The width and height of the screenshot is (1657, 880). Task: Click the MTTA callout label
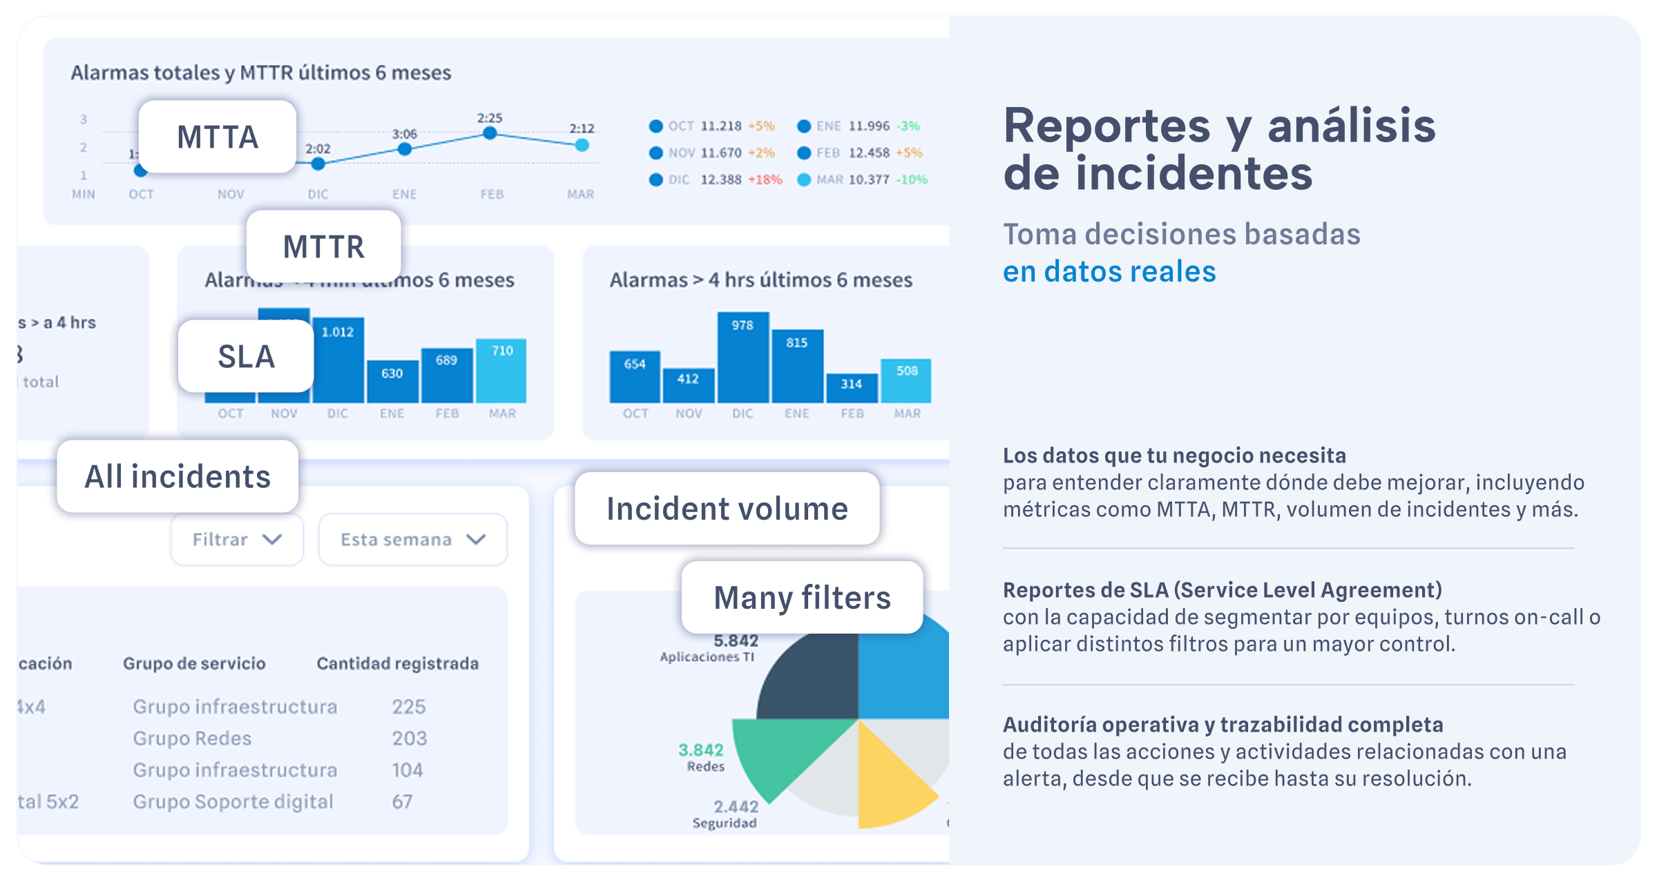click(x=218, y=137)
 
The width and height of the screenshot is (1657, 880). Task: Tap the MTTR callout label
click(x=323, y=246)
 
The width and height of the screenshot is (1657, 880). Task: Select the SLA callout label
click(x=246, y=356)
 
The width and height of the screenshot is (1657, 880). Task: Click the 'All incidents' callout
click(x=178, y=476)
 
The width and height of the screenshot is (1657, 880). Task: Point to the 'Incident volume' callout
click(x=727, y=509)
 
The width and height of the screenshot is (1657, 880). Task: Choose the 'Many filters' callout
click(x=802, y=597)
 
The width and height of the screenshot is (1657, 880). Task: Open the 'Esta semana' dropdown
click(x=412, y=540)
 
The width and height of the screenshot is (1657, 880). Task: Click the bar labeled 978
click(x=743, y=359)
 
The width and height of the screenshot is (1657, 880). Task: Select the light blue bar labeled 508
click(x=906, y=381)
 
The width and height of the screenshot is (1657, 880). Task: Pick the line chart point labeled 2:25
click(x=490, y=133)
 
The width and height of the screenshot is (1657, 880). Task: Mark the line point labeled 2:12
click(x=582, y=145)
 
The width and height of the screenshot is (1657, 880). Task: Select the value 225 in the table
click(x=409, y=707)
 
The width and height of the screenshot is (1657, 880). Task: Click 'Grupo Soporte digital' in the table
click(x=233, y=801)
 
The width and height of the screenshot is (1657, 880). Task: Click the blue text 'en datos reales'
click(x=1109, y=271)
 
